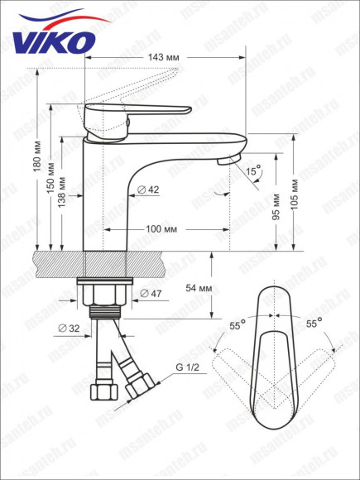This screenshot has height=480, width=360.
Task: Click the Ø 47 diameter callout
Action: [x=151, y=294]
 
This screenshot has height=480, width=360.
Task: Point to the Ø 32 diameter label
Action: [x=68, y=329]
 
